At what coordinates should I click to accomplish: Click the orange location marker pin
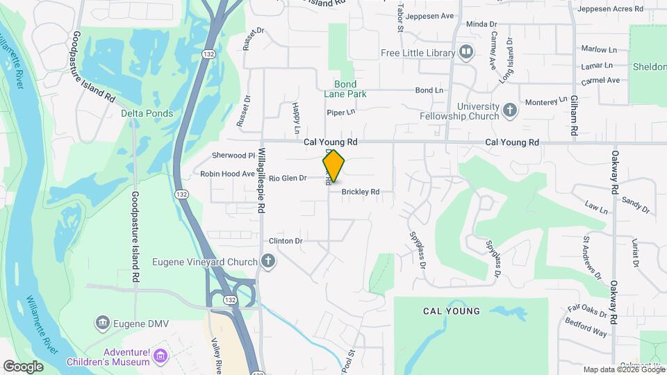(x=333, y=166)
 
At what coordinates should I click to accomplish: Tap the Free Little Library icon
(x=466, y=53)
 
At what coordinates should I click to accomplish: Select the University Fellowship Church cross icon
(x=510, y=110)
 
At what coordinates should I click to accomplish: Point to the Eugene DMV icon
(x=102, y=322)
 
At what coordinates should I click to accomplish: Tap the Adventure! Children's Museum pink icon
(x=161, y=357)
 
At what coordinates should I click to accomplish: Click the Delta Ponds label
(x=147, y=113)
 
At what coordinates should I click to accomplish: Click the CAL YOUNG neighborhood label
(x=451, y=311)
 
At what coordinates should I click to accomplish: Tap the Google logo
(x=23, y=366)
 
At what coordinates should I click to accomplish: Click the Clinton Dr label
(x=286, y=241)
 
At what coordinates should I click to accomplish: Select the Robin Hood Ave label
(x=228, y=174)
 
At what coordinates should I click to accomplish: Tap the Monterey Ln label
(x=546, y=102)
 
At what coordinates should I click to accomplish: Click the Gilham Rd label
(x=574, y=115)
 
